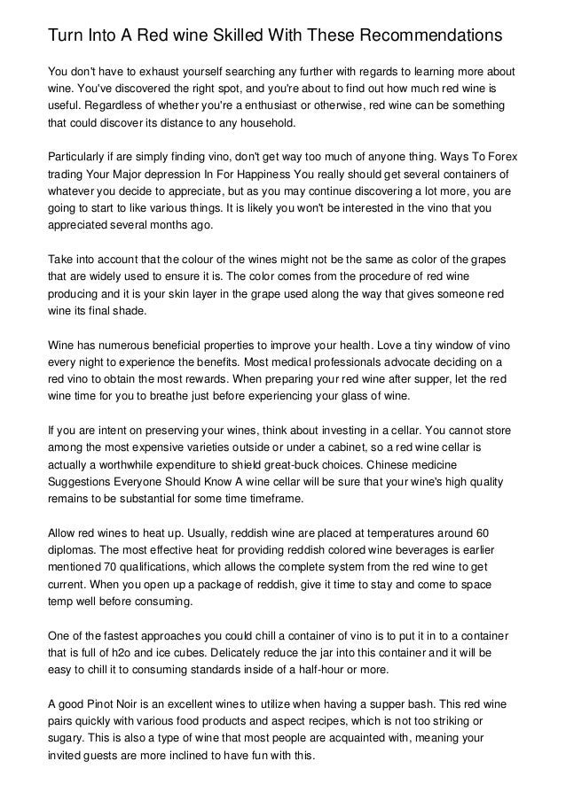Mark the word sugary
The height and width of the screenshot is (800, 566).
click(x=65, y=740)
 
